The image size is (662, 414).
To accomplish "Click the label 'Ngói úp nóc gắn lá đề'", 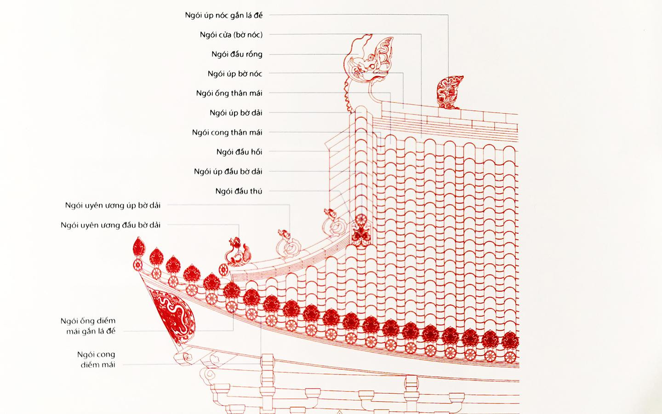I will (x=224, y=15).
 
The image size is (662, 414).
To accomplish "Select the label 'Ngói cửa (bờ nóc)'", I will (x=231, y=35).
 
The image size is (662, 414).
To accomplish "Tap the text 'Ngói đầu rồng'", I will (x=237, y=54).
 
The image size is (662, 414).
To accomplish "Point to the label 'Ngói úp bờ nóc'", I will (x=235, y=74).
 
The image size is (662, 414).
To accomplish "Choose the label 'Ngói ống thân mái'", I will (x=229, y=93).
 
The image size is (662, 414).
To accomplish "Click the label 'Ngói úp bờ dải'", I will (x=236, y=113).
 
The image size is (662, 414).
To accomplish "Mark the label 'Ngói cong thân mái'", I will (x=227, y=132).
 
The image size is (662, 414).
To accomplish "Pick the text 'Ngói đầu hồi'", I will (x=239, y=152).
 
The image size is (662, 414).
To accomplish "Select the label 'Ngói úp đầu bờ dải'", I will (x=228, y=172).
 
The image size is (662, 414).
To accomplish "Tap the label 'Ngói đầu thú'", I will (x=239, y=191).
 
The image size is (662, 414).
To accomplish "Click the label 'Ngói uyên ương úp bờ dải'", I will (x=113, y=205).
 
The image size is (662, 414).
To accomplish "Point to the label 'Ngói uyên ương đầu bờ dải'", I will (x=110, y=225).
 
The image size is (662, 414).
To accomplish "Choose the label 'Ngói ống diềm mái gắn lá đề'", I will (x=88, y=326).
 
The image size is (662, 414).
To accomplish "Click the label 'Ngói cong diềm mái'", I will (x=96, y=359).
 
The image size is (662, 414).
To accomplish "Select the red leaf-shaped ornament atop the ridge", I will (x=449, y=92).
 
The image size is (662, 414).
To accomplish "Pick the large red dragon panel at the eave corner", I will (x=174, y=313).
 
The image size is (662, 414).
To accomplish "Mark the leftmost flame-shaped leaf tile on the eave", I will (x=138, y=247).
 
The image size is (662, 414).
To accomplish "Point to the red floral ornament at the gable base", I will (x=360, y=229).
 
